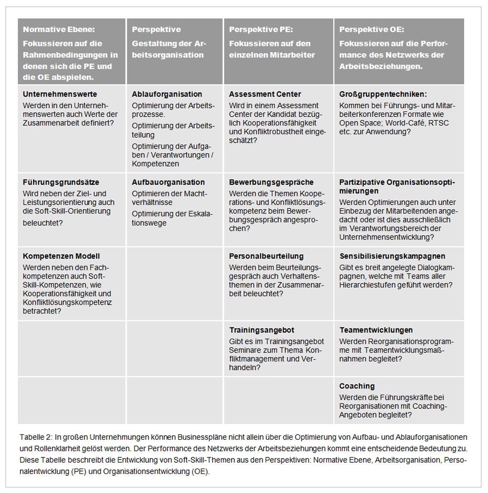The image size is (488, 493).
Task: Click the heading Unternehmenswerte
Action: [60, 94]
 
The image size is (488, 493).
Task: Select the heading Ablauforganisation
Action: [167, 94]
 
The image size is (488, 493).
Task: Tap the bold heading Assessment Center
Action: [265, 94]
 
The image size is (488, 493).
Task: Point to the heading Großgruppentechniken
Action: [383, 94]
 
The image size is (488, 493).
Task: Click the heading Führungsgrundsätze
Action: [61, 182]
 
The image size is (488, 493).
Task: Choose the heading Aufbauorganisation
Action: [168, 182]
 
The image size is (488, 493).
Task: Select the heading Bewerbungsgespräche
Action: [271, 182]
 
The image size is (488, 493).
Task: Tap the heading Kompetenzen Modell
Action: [61, 256]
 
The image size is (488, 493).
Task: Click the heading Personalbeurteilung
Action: [266, 256]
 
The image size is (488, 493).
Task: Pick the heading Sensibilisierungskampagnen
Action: [392, 256]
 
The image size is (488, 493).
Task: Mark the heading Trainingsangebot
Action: [262, 330]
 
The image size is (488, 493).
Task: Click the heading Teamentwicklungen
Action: [376, 330]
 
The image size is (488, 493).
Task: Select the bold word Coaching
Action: [357, 386]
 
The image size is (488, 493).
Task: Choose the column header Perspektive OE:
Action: [372, 29]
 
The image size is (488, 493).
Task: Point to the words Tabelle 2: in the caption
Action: [36, 436]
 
